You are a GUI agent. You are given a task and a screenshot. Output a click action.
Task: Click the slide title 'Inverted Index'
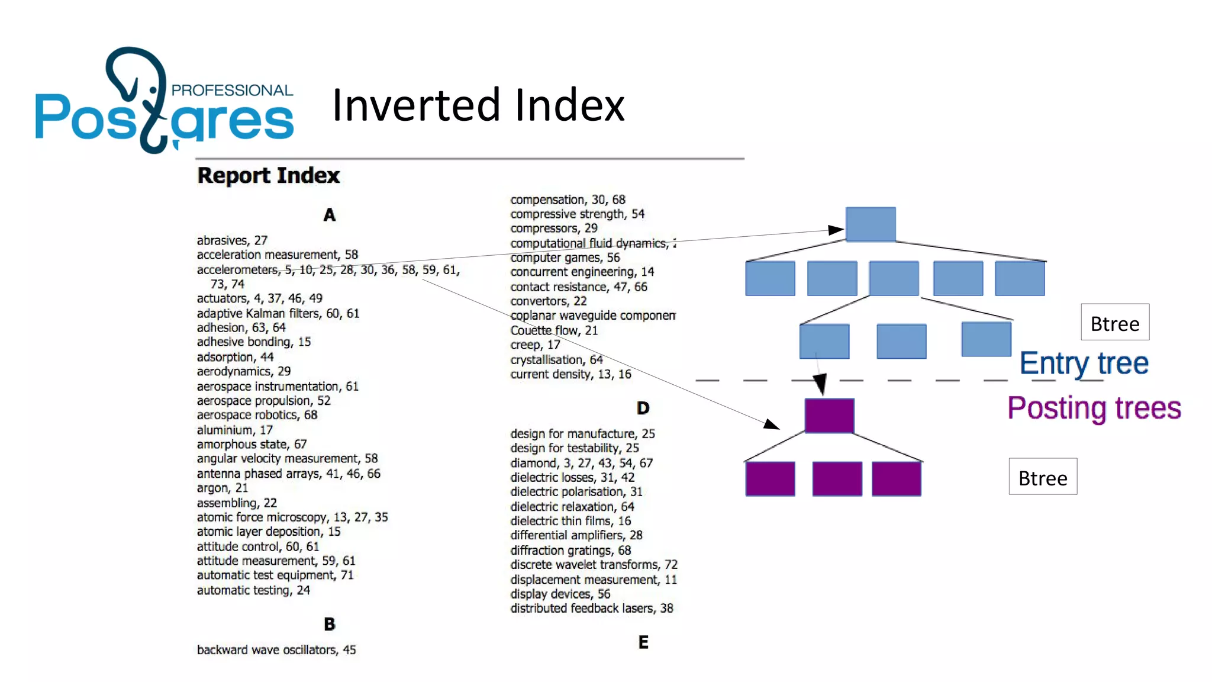(478, 105)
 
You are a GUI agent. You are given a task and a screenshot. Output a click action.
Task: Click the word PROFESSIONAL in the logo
(232, 90)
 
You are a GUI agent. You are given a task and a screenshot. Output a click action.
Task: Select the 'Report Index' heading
(268, 176)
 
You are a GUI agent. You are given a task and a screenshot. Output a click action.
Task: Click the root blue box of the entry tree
(870, 224)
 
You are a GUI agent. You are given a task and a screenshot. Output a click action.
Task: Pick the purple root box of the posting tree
(829, 415)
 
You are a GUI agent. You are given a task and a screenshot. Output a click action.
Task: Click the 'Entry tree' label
(1084, 363)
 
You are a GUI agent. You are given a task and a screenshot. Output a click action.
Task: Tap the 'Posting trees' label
(1094, 408)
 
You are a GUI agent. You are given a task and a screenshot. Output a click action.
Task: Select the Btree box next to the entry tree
(1115, 323)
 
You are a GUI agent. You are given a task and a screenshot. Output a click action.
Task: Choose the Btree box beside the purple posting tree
(1043, 477)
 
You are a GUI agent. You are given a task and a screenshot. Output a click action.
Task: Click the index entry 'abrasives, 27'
(232, 240)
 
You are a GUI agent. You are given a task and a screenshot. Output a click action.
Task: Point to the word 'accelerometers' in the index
(237, 270)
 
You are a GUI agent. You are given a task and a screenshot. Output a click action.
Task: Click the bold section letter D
(643, 408)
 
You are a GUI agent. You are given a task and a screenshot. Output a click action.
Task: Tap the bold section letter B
(330, 624)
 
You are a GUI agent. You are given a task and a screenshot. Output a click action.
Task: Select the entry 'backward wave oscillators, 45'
(276, 650)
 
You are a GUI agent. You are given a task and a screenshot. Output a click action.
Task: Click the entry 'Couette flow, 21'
(554, 330)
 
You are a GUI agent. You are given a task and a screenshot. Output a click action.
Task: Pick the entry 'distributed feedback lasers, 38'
(592, 609)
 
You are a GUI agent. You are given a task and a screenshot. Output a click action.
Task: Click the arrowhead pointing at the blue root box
(836, 230)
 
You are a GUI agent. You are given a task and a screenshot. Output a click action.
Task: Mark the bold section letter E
(643, 642)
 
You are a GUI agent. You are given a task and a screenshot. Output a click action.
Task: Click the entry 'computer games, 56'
(565, 258)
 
